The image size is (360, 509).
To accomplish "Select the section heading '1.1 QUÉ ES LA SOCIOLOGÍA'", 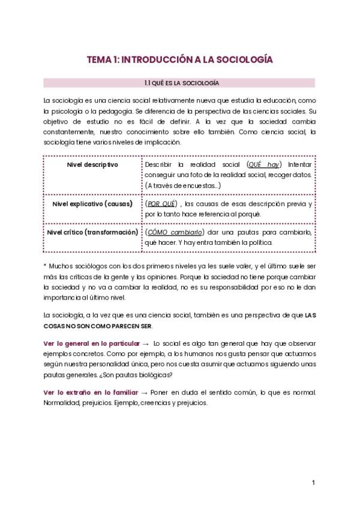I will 179,82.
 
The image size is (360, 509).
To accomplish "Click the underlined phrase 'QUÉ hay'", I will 265,164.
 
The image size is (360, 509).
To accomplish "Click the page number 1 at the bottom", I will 313,483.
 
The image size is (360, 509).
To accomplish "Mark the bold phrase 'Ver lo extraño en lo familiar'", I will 87,392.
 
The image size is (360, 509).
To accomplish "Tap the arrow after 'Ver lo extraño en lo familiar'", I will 143,393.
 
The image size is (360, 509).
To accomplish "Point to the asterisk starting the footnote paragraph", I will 45,264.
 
